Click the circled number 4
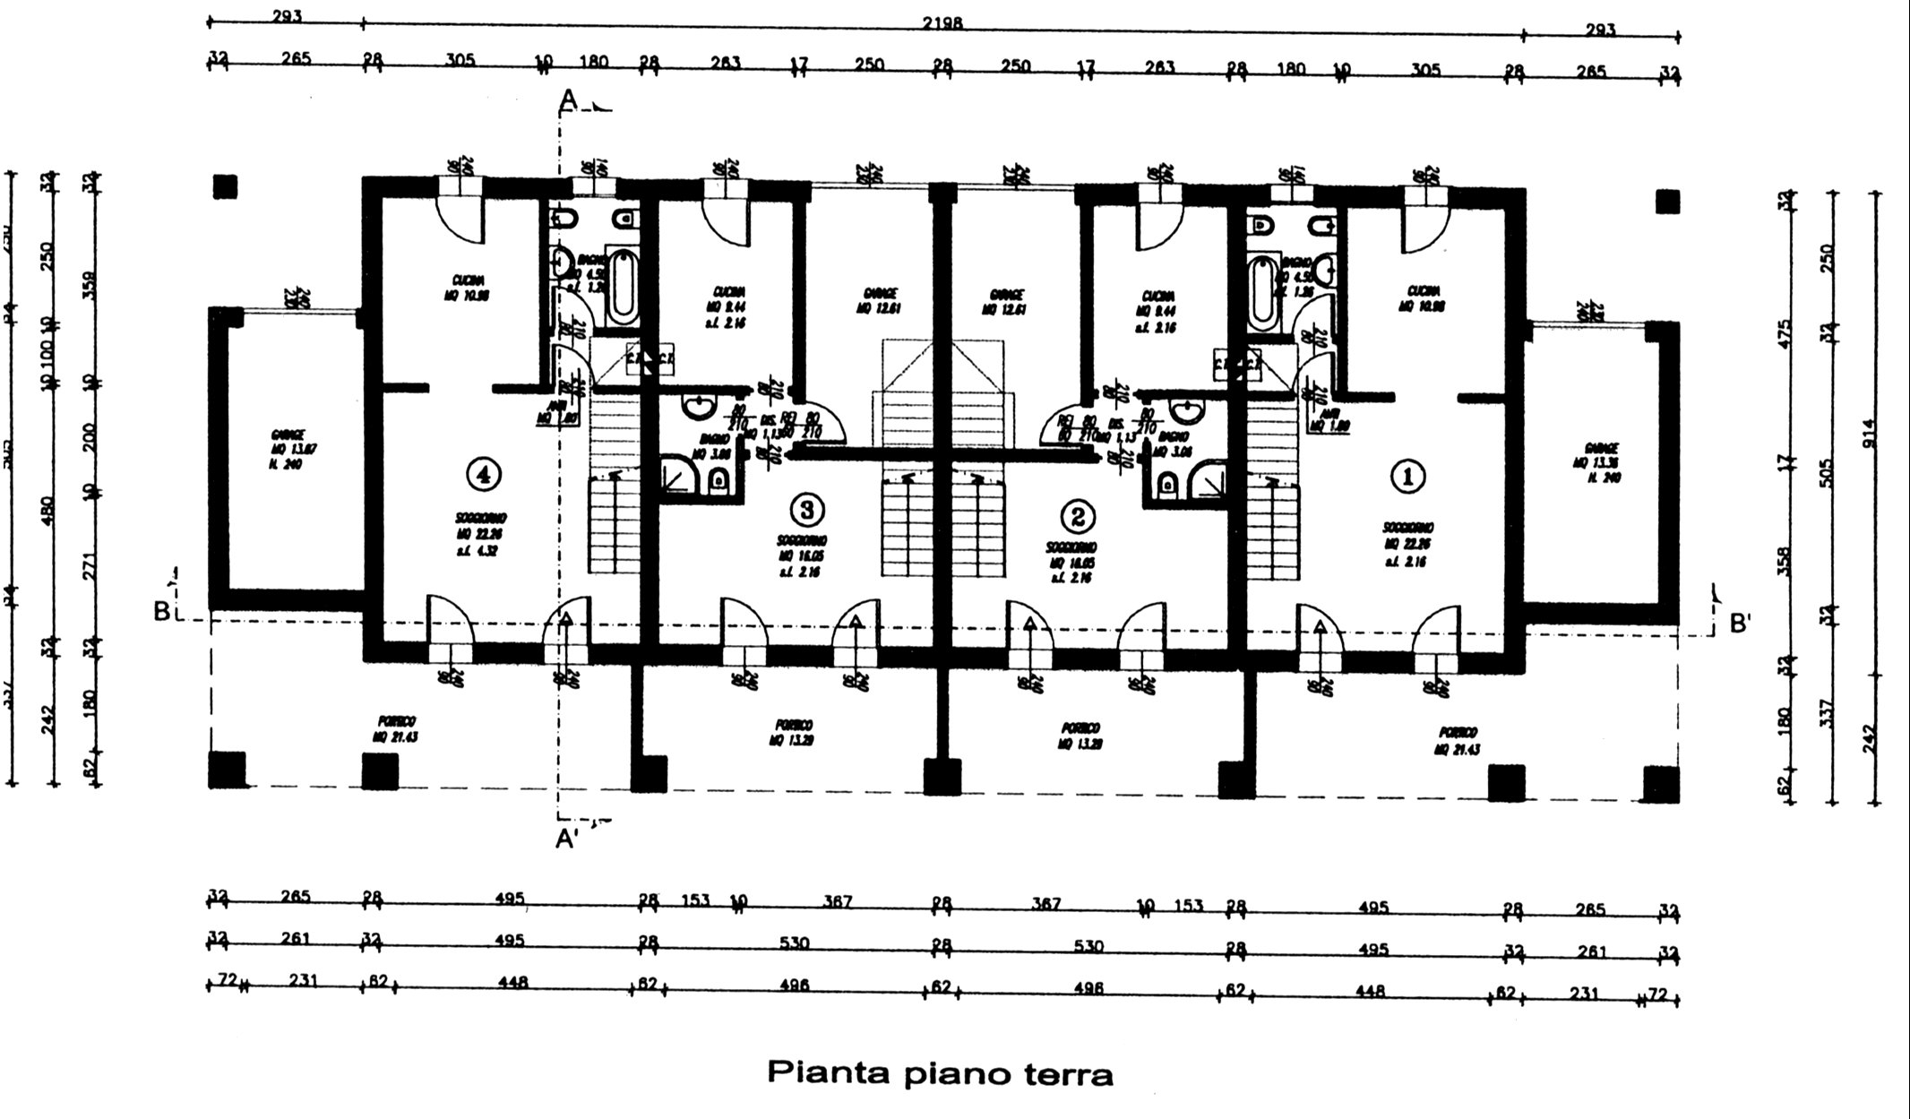(485, 473)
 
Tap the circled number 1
(1407, 476)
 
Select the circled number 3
(806, 509)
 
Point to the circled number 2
(1077, 516)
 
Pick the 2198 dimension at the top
(942, 24)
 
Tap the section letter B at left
(162, 611)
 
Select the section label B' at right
(1739, 624)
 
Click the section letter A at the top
(567, 101)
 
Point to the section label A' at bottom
(565, 839)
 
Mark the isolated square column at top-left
(225, 186)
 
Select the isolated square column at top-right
(1667, 202)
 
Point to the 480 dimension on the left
(48, 511)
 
